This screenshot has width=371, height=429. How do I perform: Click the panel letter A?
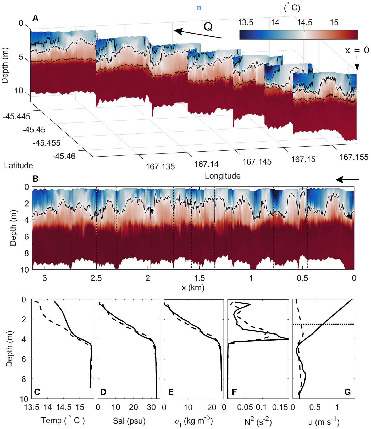35,18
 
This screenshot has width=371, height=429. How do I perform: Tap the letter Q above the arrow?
208,26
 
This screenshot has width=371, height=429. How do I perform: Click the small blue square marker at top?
199,8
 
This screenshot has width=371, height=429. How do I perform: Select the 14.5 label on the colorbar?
304,23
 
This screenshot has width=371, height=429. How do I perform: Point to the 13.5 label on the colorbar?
245,23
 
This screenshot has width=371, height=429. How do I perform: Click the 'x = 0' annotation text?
357,50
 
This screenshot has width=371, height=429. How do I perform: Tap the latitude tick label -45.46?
64,156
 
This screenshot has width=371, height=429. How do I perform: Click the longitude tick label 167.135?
160,166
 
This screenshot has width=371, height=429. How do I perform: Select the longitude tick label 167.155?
354,157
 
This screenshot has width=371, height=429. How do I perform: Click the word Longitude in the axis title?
223,176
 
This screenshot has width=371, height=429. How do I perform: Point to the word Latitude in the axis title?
18,165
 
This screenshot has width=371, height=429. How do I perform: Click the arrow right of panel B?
348,180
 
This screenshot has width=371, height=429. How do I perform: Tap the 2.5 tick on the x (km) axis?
96,278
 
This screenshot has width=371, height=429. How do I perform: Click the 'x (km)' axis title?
193,288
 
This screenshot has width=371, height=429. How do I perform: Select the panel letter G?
347,392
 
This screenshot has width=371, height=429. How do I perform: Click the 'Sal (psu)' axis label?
129,421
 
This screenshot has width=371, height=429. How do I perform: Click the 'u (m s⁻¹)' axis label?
324,421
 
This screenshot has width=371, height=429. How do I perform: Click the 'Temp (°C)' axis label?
63,421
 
